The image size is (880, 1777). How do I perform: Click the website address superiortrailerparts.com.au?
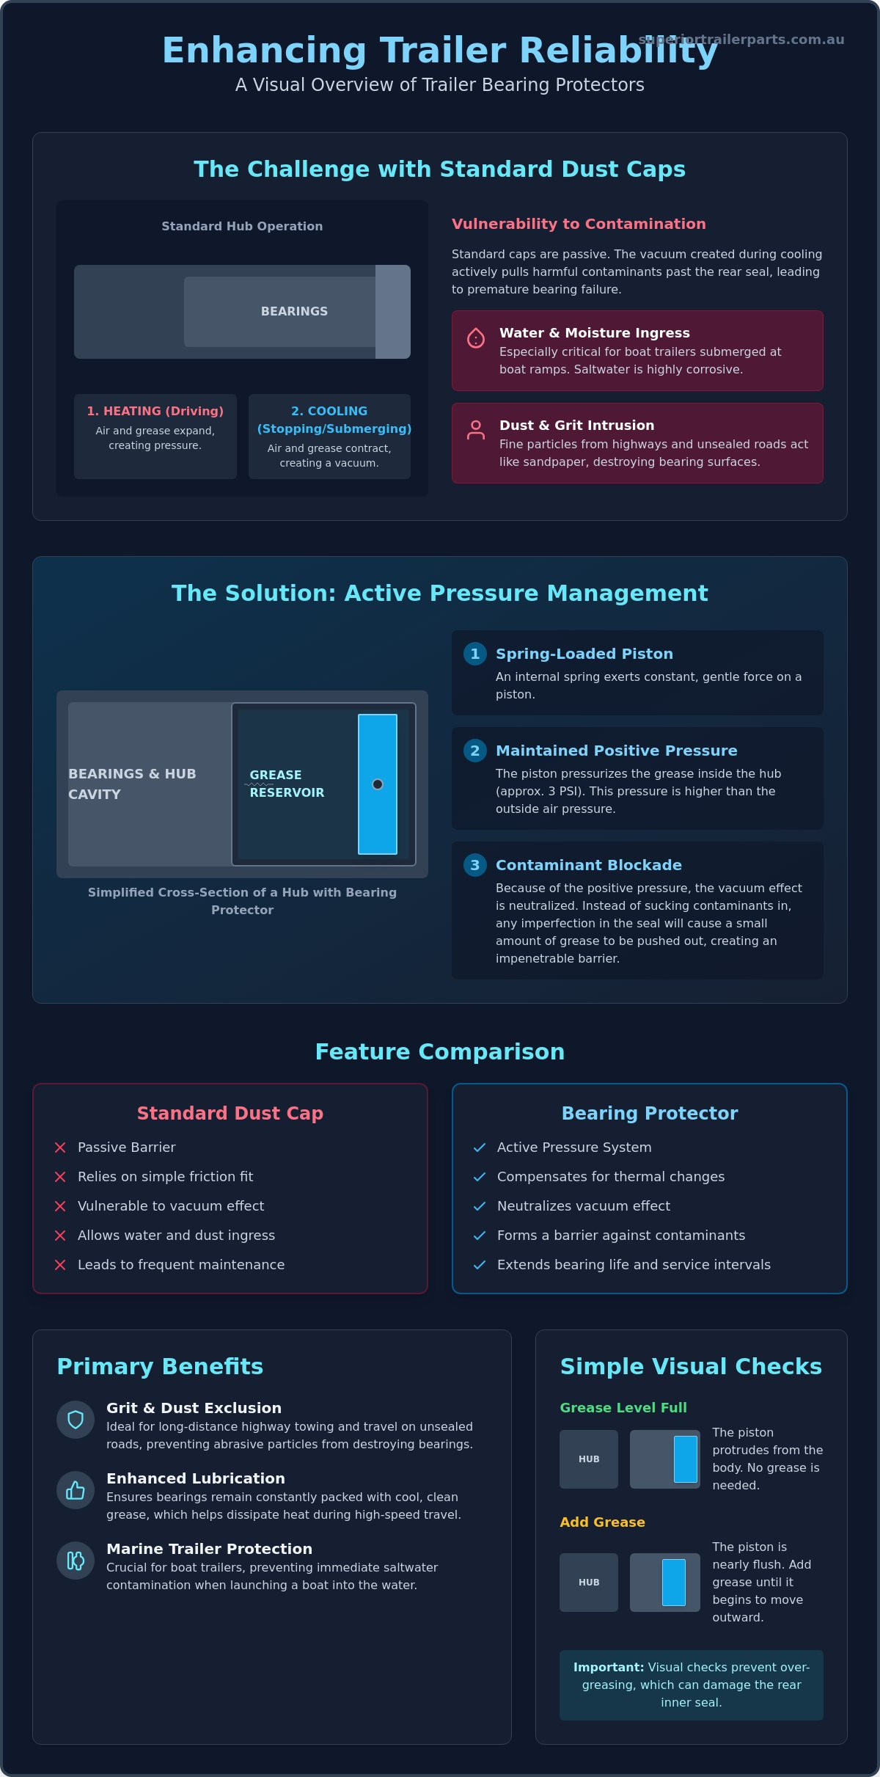(741, 40)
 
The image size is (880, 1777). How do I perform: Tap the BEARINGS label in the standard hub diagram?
(294, 311)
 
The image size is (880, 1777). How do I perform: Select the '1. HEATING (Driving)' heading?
(155, 411)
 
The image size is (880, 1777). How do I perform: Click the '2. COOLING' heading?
(329, 411)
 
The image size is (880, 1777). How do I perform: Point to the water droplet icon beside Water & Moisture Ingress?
(476, 337)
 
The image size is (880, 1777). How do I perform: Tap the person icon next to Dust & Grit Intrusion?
(476, 430)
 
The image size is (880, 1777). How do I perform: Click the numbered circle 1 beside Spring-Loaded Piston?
(475, 654)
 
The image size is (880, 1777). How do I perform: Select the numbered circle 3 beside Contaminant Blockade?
(475, 865)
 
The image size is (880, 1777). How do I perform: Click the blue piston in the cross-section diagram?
(378, 784)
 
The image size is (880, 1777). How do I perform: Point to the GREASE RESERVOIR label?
(287, 784)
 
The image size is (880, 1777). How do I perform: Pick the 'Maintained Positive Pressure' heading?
(617, 751)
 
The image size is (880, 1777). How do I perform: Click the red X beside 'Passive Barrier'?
(60, 1147)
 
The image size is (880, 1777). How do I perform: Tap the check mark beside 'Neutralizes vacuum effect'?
(480, 1206)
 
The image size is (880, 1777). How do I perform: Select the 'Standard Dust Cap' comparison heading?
(230, 1113)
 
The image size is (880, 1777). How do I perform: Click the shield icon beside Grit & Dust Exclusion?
(76, 1420)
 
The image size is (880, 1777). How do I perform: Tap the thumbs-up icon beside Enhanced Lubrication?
(76, 1490)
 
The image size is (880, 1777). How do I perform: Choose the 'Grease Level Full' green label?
(623, 1407)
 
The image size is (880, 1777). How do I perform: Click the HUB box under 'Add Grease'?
(589, 1583)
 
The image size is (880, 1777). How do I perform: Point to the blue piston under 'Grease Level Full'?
(686, 1459)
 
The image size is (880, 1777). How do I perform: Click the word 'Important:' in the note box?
(609, 1667)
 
